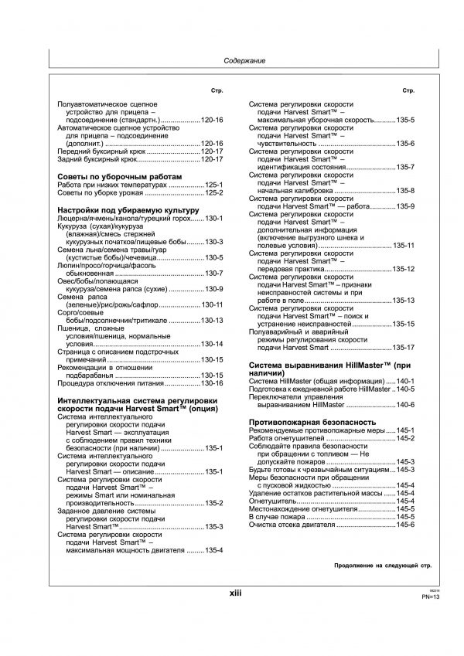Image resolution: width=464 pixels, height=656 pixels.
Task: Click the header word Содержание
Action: tap(244, 60)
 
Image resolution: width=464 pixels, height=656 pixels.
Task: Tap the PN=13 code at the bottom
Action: tap(431, 597)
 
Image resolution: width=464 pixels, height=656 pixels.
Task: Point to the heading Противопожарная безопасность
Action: tap(312, 422)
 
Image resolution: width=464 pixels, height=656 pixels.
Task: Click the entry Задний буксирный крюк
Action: tap(97, 160)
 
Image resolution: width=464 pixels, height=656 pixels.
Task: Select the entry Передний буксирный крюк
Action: tap(101, 152)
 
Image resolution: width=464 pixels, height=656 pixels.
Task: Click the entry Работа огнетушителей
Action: tap(290, 438)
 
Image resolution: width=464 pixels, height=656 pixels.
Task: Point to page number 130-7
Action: tap(213, 274)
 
